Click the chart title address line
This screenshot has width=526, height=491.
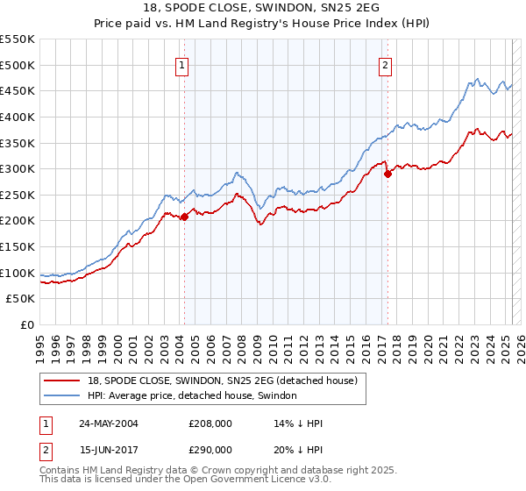pyautogui.click(x=263, y=7)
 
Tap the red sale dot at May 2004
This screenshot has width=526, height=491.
pyautogui.click(x=184, y=217)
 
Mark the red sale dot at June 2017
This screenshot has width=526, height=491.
pyautogui.click(x=387, y=174)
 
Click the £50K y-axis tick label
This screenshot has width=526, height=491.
pyautogui.click(x=21, y=299)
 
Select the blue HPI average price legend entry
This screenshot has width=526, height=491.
pyautogui.click(x=192, y=396)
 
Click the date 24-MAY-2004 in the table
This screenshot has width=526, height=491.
pyautogui.click(x=109, y=423)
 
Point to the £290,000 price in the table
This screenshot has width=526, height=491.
pyautogui.click(x=210, y=449)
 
